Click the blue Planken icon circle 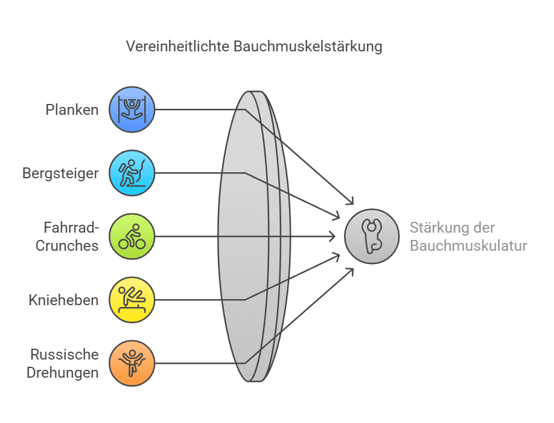pos(132,110)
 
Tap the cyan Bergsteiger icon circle pos(132,173)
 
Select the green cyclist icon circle pos(132,236)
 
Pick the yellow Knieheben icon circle pos(132,300)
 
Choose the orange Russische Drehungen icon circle pos(132,363)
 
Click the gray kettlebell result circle pos(372,236)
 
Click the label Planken pos(72,110)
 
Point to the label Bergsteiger pos(60,173)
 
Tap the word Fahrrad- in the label pos(71,228)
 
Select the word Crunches pos(67,245)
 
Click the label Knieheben pos(63,300)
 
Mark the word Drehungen pos(62,372)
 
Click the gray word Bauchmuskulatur pos(468,245)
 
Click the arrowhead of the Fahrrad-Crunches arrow pos(333,236)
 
